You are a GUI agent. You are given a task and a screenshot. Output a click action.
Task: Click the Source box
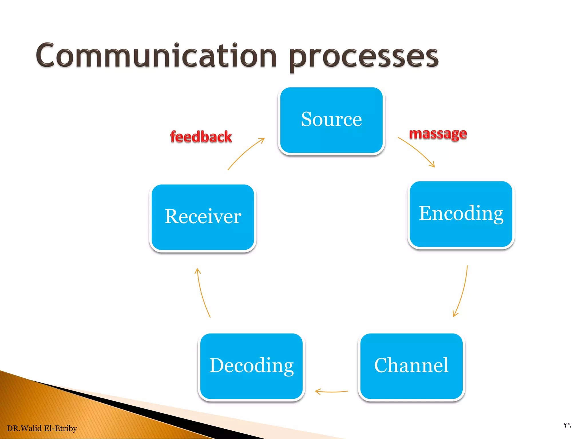[331, 120]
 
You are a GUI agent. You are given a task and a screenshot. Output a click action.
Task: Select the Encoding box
[461, 214]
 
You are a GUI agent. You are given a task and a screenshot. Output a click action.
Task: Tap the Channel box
[411, 366]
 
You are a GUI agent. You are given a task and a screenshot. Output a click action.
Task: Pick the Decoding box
[251, 366]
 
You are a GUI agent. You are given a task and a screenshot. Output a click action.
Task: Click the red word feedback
[201, 137]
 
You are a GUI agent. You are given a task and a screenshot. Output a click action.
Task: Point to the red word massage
[438, 134]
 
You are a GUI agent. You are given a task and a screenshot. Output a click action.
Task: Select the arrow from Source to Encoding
[418, 151]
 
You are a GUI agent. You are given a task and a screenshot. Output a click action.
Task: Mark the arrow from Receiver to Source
[245, 153]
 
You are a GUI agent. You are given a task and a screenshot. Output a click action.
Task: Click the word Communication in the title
[156, 56]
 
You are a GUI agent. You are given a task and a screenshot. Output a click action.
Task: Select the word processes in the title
[363, 57]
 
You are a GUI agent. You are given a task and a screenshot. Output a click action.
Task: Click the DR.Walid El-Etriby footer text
[42, 428]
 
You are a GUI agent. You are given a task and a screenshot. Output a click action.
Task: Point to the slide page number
[567, 425]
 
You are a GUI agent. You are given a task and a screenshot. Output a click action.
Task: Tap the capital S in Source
[307, 119]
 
